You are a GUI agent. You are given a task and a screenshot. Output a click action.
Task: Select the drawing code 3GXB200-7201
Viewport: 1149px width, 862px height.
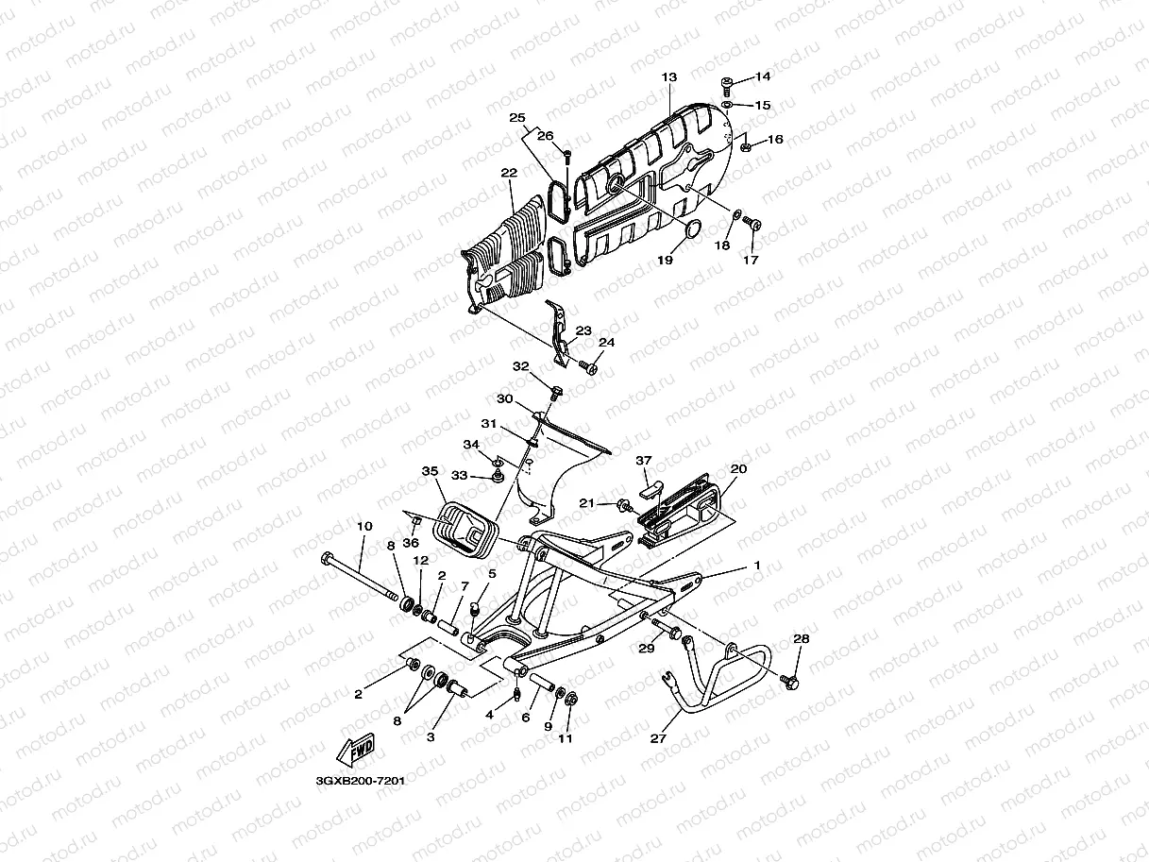[353, 782]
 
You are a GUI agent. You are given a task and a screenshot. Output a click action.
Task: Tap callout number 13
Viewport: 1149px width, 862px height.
[669, 77]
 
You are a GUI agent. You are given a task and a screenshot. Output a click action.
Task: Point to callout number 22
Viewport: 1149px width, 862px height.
[509, 174]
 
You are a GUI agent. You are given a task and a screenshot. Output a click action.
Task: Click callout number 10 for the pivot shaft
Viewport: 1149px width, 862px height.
[364, 526]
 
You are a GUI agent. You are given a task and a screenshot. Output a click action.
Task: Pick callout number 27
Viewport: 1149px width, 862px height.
[658, 738]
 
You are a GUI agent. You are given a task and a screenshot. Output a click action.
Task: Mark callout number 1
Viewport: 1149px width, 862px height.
[755, 565]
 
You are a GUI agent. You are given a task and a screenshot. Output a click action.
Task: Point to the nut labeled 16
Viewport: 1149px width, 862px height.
[745, 146]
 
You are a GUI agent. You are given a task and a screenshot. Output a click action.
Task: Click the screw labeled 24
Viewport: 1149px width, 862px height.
[587, 367]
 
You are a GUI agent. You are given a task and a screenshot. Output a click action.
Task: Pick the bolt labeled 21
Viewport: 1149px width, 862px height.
[622, 505]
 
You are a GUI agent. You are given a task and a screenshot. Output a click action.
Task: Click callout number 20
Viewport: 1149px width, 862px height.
[738, 469]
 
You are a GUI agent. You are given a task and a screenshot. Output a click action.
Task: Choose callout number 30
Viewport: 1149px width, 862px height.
[505, 399]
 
